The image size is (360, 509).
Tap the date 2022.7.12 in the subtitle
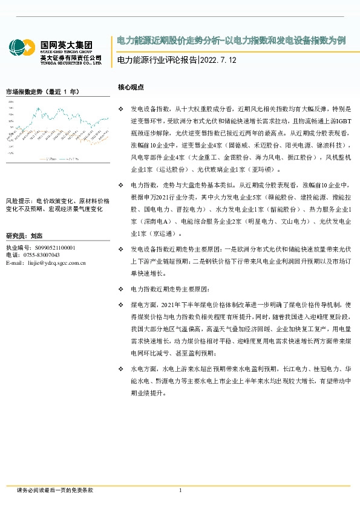[218, 61]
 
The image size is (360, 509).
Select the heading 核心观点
[131, 87]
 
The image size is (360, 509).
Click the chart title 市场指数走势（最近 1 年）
[42, 92]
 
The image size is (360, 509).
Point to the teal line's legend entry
[74, 159]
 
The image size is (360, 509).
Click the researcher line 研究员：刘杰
[24, 235]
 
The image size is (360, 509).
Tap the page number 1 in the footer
[180, 490]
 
